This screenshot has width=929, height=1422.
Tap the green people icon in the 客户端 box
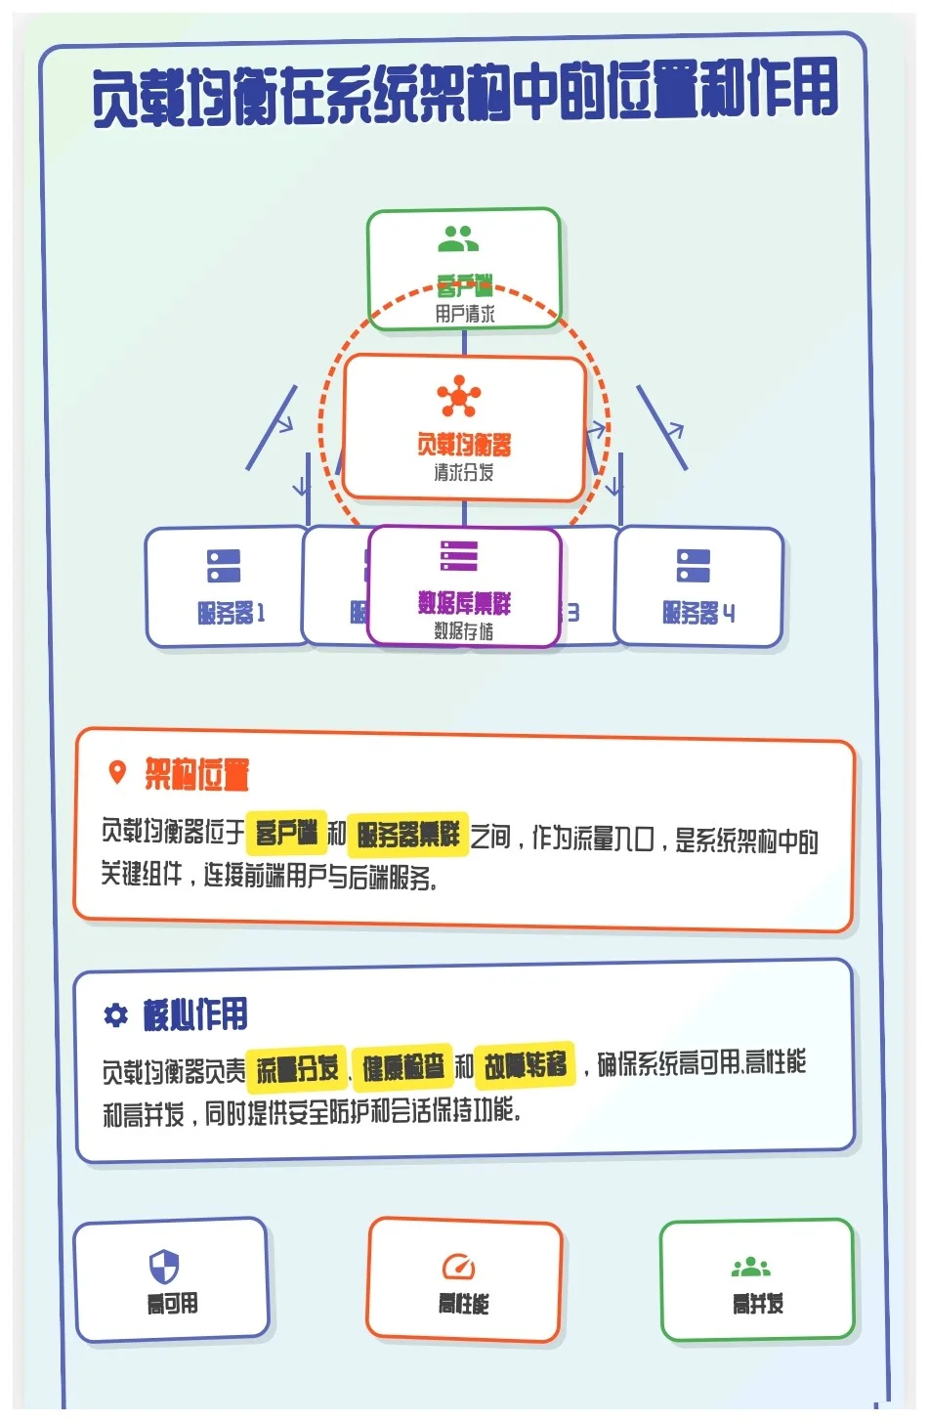[x=457, y=238]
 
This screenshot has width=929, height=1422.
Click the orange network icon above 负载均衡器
[x=458, y=396]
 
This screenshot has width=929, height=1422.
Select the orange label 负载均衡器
[x=464, y=445]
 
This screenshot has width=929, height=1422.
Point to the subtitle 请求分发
[x=464, y=472]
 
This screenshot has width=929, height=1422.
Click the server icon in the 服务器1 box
[x=224, y=566]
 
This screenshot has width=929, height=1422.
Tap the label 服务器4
[x=698, y=613]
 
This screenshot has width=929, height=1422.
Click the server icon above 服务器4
[x=694, y=566]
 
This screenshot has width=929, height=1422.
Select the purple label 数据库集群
[x=464, y=603]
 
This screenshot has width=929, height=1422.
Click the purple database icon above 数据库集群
[x=459, y=555]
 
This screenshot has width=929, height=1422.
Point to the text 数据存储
[x=464, y=631]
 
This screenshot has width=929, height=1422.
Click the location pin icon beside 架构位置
[x=117, y=773]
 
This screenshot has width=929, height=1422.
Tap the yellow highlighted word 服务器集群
[x=408, y=834]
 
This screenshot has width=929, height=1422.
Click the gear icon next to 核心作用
[x=116, y=1015]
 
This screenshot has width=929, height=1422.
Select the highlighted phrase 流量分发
[x=297, y=1068]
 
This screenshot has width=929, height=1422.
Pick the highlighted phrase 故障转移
[x=526, y=1064]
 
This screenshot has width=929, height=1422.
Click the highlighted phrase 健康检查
[x=402, y=1067]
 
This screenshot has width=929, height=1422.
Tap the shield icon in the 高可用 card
[x=164, y=1267]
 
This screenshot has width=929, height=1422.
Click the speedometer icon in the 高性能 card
[x=458, y=1267]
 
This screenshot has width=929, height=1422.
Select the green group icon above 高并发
[x=751, y=1268]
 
